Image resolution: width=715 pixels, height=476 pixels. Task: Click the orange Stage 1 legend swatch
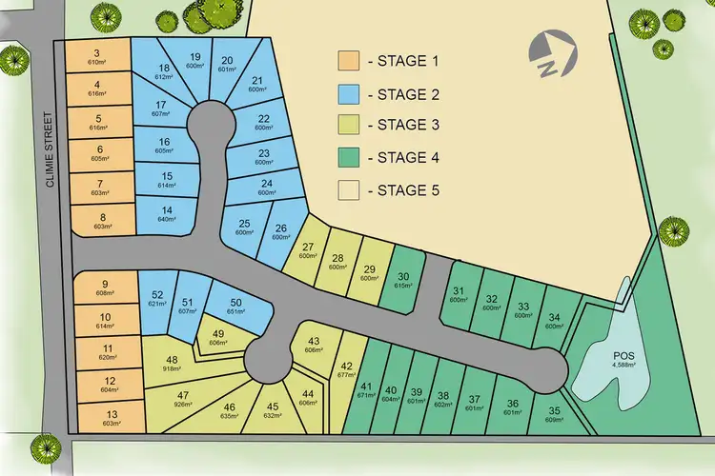349,60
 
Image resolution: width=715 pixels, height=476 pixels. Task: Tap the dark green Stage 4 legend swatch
349,158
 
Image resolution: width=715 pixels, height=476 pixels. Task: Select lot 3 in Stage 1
97,57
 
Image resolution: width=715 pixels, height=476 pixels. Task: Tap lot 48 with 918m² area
172,363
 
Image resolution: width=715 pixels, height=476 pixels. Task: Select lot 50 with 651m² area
235,306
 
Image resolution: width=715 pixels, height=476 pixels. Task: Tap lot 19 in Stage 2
195,60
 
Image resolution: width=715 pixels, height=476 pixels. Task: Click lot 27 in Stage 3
307,249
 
